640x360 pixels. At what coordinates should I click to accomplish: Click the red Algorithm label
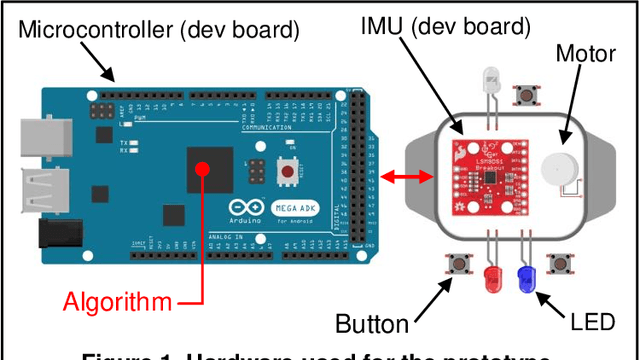(114, 301)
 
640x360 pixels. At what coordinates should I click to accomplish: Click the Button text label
(373, 323)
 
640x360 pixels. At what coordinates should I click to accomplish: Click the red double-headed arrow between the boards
(410, 177)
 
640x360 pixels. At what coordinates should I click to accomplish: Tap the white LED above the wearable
(491, 81)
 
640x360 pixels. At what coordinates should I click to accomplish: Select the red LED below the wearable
(491, 276)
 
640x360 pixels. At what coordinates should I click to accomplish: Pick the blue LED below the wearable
(525, 276)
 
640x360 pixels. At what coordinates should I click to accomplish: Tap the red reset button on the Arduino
(288, 172)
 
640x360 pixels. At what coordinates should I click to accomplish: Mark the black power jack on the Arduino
(56, 234)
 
